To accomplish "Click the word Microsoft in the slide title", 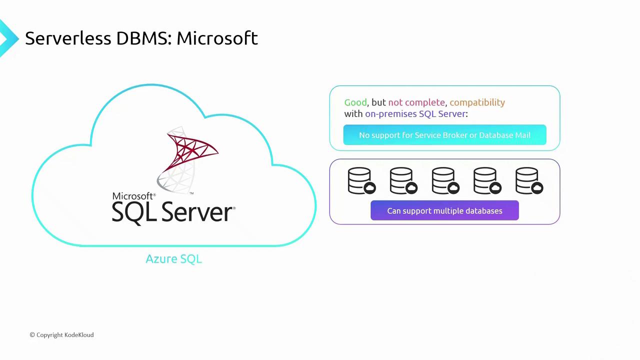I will pos(217,38).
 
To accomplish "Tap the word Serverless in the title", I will pos(68,38).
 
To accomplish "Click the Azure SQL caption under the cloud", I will pos(173,259).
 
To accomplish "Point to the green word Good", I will pos(355,102).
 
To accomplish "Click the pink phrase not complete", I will pos(416,102).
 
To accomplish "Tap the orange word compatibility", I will pos(477,102).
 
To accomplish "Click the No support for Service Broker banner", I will pos(444,135).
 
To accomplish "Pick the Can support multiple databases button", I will pos(444,211).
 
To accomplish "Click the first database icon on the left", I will pos(361,180).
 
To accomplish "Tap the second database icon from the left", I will pos(403,180).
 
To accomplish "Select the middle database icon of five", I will pos(445,180).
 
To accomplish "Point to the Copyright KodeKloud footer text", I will pos(61,335).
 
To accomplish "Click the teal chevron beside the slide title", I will pos(7,38).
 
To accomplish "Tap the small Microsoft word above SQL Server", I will pos(133,196).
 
